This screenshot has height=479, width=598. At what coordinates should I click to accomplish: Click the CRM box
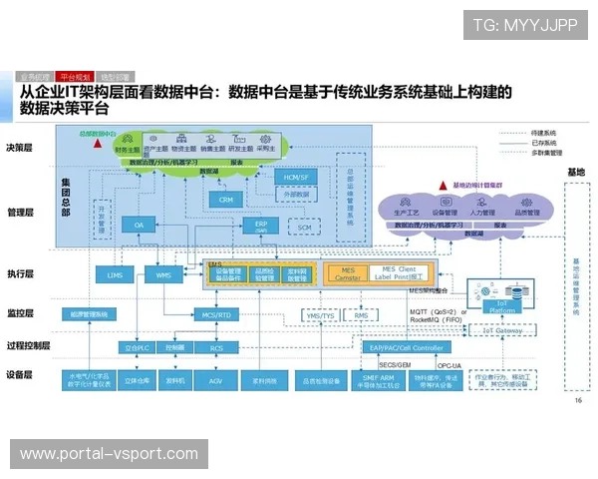(x=224, y=199)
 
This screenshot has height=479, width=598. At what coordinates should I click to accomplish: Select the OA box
(x=141, y=226)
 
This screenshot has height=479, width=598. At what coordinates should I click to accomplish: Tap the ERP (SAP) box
(x=261, y=226)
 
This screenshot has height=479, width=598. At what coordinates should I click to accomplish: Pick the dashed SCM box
(x=305, y=227)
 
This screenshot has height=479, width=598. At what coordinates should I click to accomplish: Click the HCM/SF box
(x=295, y=176)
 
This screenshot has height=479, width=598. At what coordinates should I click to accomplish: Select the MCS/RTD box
(x=216, y=314)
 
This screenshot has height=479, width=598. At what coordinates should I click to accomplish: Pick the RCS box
(x=216, y=347)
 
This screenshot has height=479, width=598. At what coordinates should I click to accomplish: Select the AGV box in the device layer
(x=216, y=380)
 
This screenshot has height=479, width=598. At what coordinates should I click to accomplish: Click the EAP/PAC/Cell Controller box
(x=406, y=347)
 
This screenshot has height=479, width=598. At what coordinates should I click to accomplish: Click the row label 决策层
(x=20, y=147)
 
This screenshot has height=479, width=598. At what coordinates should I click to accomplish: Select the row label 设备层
(x=20, y=375)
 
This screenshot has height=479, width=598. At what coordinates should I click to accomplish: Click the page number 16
(x=578, y=401)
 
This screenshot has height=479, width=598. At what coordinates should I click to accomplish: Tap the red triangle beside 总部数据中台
(x=97, y=143)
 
